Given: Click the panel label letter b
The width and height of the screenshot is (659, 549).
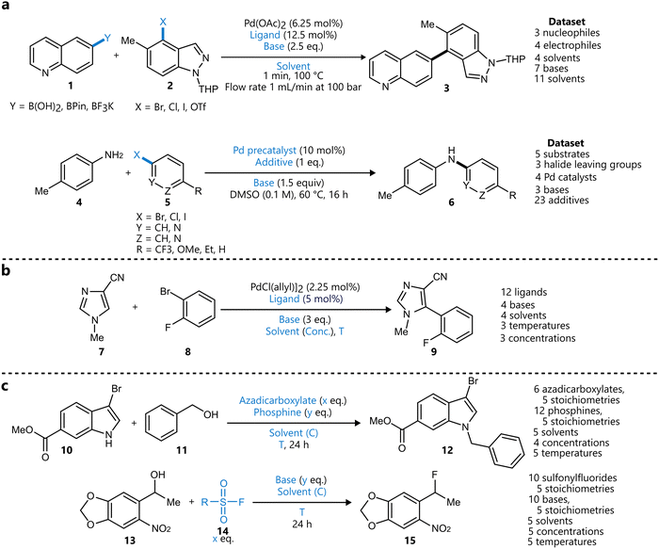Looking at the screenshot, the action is (6, 270).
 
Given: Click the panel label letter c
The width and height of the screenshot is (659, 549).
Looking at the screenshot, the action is (6, 385).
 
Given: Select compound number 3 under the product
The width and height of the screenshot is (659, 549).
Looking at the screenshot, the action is (446, 88).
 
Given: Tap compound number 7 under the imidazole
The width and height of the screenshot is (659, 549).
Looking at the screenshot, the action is (101, 351).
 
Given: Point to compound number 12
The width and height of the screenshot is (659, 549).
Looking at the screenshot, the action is (447, 450).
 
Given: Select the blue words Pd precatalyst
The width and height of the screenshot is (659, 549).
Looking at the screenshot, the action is (265, 151).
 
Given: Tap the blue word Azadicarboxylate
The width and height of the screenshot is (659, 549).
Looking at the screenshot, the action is (278, 400).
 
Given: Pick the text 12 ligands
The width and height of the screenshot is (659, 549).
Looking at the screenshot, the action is (523, 292).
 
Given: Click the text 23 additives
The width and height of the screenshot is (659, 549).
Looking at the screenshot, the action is (561, 200).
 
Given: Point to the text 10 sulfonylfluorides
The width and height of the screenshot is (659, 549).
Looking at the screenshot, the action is (572, 478).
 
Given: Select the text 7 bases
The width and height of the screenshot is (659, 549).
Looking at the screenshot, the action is (552, 68).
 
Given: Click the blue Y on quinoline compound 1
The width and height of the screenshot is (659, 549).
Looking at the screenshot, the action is (107, 39).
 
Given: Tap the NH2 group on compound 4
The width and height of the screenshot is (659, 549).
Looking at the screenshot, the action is (114, 155).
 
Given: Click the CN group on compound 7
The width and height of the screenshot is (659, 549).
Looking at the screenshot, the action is (117, 278).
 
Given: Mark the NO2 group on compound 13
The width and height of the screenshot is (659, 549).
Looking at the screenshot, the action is (161, 529).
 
